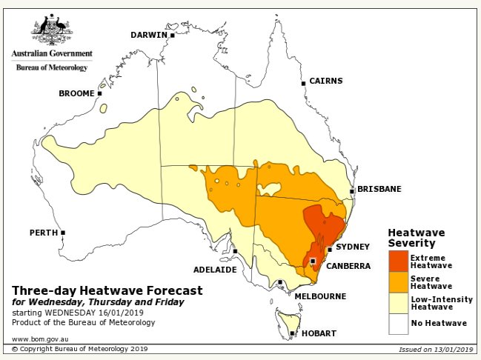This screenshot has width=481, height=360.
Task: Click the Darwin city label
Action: tap(150, 35)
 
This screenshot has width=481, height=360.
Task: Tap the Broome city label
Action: tap(76, 93)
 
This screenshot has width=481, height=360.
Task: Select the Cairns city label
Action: tap(325, 81)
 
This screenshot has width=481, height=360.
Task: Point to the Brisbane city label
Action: tap(379, 189)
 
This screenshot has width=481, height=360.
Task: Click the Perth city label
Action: tap(43, 233)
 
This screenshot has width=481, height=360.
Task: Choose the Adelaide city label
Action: tap(215, 269)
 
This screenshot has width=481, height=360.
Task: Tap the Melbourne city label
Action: tap(319, 296)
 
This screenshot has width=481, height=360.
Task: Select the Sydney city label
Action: tap(352, 247)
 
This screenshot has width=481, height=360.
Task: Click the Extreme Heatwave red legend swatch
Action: tap(398, 261)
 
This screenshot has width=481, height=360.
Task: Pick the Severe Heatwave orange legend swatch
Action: tap(398, 282)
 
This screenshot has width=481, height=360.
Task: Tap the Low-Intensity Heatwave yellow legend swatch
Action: tap(398, 303)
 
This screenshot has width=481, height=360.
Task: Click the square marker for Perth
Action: tap(63, 233)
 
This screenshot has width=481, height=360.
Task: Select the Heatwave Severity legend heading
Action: tap(417, 237)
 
